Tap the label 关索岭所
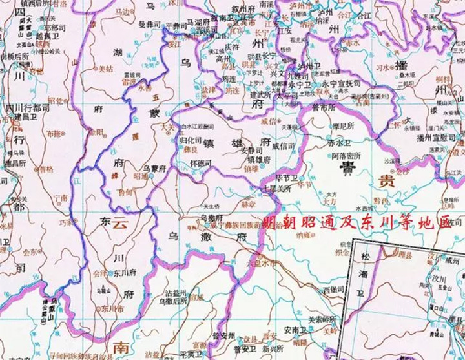(x=322, y=319)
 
